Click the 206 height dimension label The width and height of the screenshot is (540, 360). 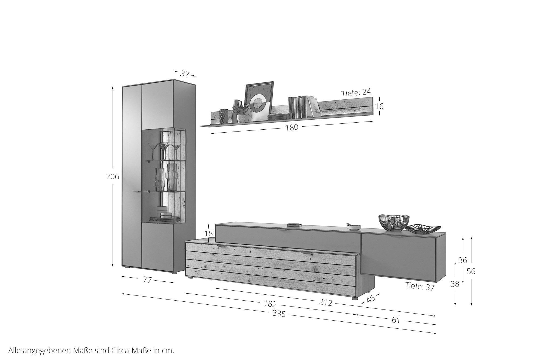point(112,177)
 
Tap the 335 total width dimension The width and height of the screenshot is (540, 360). point(279,314)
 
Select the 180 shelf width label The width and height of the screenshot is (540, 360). point(292,127)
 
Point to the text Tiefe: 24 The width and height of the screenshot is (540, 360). point(356,93)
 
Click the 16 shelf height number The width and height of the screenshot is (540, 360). point(379,106)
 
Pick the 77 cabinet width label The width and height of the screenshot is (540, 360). point(147,280)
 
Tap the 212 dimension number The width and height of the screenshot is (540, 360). point(325,302)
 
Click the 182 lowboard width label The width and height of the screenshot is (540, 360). point(270,304)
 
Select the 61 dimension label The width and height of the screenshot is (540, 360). point(396,320)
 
